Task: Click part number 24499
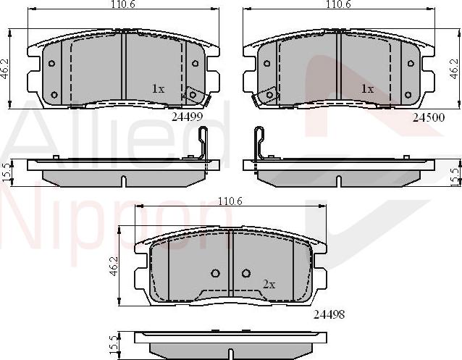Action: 187,117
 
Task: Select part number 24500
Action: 429,117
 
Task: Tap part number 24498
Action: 329,314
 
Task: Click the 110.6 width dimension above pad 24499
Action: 123,4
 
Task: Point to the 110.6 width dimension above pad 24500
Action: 339,4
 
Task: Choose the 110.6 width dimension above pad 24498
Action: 230,201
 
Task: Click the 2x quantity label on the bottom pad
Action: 269,285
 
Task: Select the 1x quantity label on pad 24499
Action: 158,88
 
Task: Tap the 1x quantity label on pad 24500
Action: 367,88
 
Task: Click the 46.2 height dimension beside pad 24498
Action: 114,267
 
